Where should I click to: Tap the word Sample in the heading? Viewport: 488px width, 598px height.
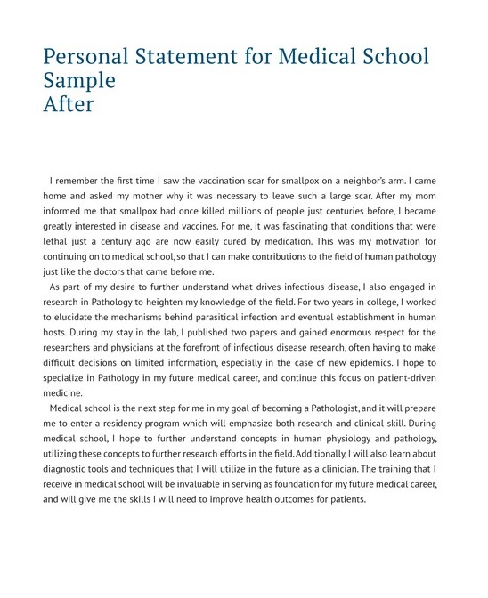coord(79,81)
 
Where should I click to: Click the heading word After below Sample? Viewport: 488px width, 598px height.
coord(69,104)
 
